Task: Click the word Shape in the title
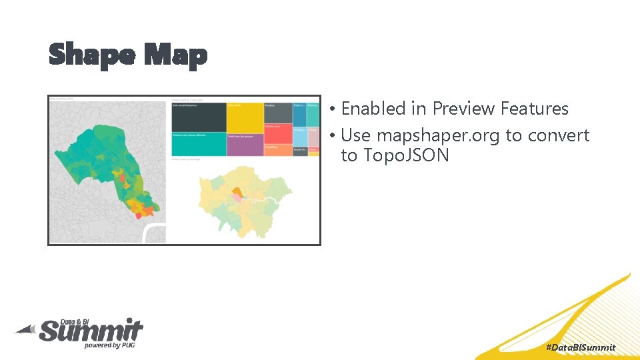[x=92, y=55]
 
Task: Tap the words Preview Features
[x=500, y=109]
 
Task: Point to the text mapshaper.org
[x=439, y=135]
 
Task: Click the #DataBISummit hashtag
[x=580, y=347]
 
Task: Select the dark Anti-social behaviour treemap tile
[x=198, y=117]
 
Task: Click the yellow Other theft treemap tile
[x=245, y=117]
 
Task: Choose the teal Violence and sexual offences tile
[x=198, y=144]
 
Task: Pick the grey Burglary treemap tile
[x=277, y=113]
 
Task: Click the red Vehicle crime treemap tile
[x=277, y=133]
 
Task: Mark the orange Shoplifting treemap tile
[x=277, y=150]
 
